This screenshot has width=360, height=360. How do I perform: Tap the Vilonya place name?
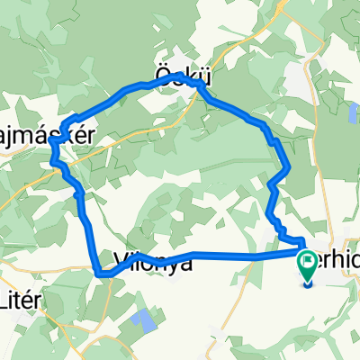(153, 265)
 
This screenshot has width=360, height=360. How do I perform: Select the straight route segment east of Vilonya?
(225, 256)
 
